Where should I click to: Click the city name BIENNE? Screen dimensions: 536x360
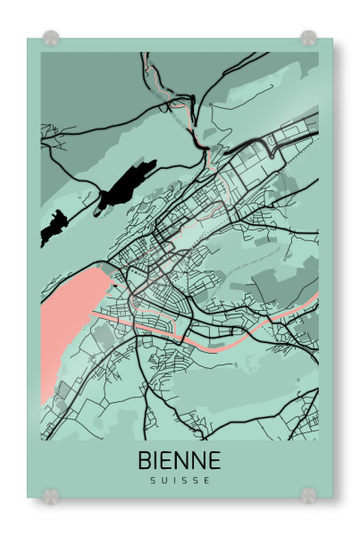pyautogui.click(x=179, y=461)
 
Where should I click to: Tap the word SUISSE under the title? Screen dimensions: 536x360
pyautogui.click(x=180, y=480)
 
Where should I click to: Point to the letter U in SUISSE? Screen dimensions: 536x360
pyautogui.click(x=163, y=480)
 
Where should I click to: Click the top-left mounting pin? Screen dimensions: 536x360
pyautogui.click(x=51, y=38)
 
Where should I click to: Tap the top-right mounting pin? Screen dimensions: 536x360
pyautogui.click(x=308, y=38)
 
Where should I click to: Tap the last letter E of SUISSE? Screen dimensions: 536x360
pyautogui.click(x=208, y=480)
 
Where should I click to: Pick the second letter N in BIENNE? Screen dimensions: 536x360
pyautogui.click(x=198, y=461)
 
